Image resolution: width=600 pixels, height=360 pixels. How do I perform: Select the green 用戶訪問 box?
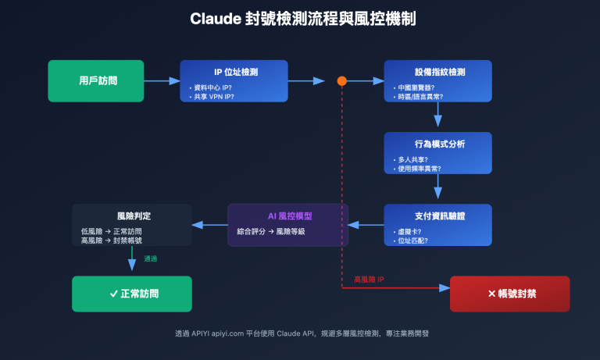[x=96, y=80]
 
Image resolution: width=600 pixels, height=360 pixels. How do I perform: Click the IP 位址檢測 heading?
[x=234, y=72]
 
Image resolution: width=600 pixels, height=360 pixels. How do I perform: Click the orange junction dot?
[x=341, y=80]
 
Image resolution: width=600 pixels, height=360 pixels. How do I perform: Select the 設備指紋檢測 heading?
[x=437, y=72]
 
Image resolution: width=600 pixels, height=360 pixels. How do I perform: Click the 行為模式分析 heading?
[x=437, y=144]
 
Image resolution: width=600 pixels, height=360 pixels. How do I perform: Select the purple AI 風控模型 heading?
[x=288, y=216]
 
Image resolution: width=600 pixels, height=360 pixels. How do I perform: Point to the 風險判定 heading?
[x=131, y=216]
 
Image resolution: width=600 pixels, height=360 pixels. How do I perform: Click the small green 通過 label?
[x=151, y=258]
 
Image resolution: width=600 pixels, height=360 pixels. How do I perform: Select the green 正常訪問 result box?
[x=131, y=294]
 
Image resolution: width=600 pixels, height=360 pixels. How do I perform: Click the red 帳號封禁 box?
[x=509, y=294]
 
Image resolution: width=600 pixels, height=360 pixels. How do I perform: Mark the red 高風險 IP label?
[x=370, y=279]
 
